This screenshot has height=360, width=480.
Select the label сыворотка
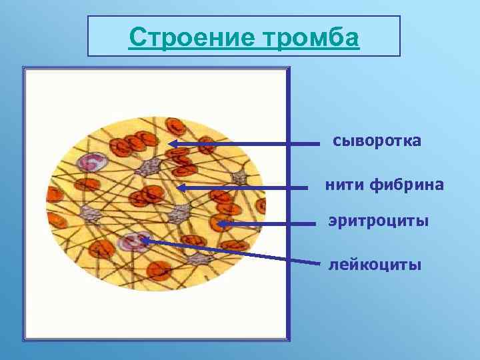(377, 141)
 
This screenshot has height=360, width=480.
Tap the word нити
(343, 185)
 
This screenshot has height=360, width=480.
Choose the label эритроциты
(378, 221)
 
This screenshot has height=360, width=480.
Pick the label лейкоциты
(375, 265)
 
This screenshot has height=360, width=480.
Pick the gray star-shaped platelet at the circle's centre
(179, 214)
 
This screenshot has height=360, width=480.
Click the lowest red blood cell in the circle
(158, 269)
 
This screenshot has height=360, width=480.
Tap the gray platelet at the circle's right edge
(239, 177)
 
